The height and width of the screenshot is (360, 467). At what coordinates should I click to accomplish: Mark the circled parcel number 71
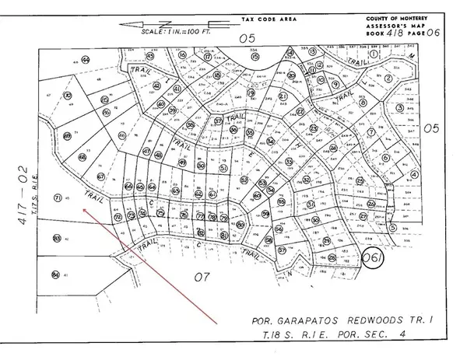coord(57,198)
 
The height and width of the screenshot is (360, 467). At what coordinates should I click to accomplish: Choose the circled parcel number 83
coord(57,238)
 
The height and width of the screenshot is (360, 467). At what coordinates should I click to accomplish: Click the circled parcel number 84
coord(55,274)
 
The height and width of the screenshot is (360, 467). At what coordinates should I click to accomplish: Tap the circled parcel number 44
coord(85,60)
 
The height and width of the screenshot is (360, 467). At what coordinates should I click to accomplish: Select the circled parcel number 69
coord(68,138)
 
